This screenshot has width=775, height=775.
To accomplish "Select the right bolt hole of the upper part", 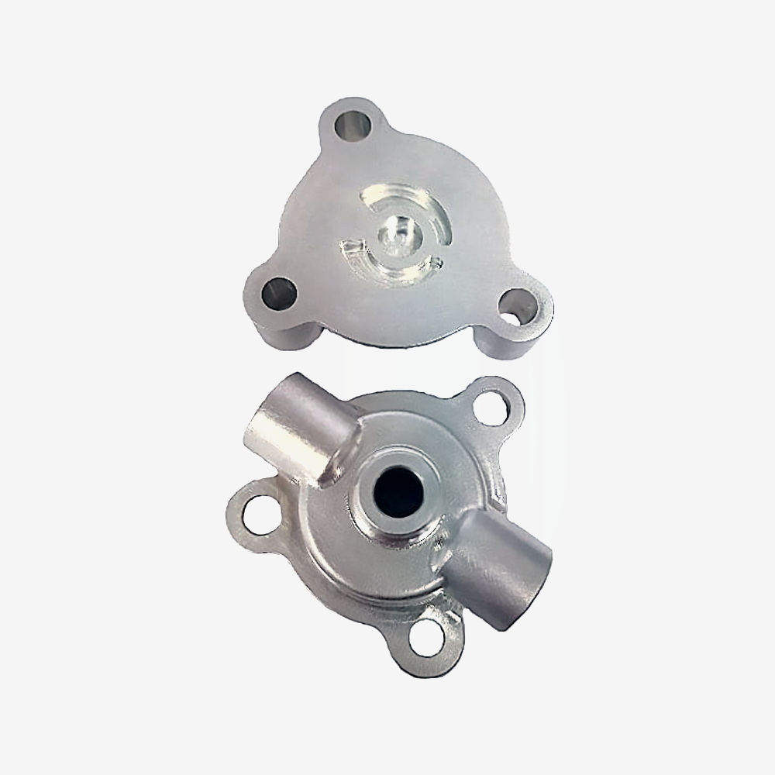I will tap(516, 308).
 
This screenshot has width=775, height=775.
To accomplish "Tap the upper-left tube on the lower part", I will tap(291, 430).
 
